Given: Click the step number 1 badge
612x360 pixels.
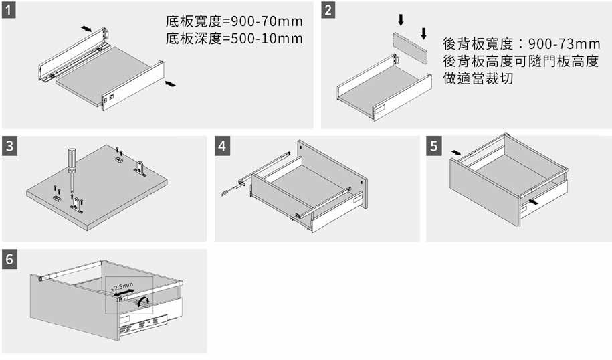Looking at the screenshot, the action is coord(10,11).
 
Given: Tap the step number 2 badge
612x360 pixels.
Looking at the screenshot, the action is coord(330,11).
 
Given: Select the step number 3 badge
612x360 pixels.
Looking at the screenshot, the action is coord(10,146).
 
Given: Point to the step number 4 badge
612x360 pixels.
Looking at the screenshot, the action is coord(223,146).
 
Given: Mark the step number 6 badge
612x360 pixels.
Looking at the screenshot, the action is coord(10,259).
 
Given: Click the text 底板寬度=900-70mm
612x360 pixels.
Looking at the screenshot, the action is coord(234,21).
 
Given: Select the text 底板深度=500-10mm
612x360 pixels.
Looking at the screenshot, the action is coord(234,38).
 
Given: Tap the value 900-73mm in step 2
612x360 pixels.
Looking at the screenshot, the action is coord(564,45).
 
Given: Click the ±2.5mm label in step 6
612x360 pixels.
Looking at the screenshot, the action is coord(122,286).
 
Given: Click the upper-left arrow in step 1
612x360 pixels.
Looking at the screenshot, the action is coord(86,29).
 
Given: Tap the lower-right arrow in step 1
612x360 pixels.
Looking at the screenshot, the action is coord(172,84).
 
